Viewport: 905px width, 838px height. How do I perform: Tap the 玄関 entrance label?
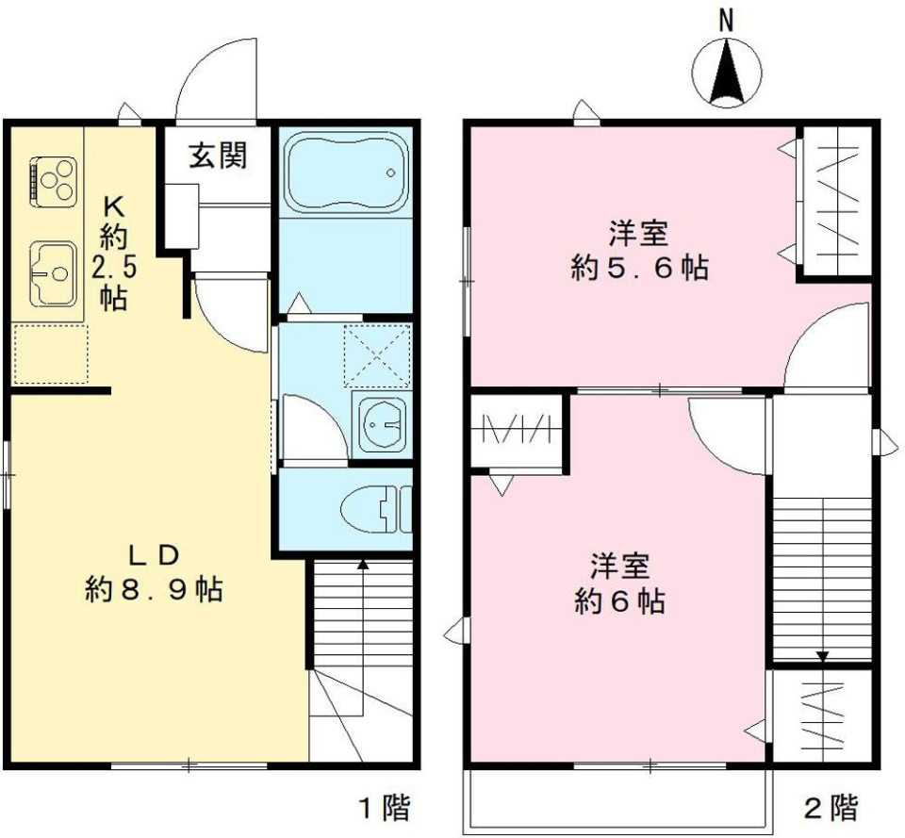(x=218, y=156)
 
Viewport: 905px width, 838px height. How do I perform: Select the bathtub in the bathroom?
(x=346, y=173)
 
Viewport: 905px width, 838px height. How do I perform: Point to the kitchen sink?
(x=53, y=274)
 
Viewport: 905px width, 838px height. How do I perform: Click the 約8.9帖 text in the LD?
(x=154, y=590)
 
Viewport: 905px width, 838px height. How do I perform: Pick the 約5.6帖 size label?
(x=640, y=269)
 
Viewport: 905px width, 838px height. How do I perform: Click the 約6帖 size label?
(x=619, y=600)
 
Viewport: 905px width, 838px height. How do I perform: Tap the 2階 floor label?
(x=831, y=807)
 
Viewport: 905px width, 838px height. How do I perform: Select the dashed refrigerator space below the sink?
(x=51, y=354)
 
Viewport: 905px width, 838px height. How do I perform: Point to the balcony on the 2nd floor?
(x=617, y=800)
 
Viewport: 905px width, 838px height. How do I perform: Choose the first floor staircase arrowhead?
(x=363, y=565)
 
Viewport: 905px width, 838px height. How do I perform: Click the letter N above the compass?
(x=726, y=20)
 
